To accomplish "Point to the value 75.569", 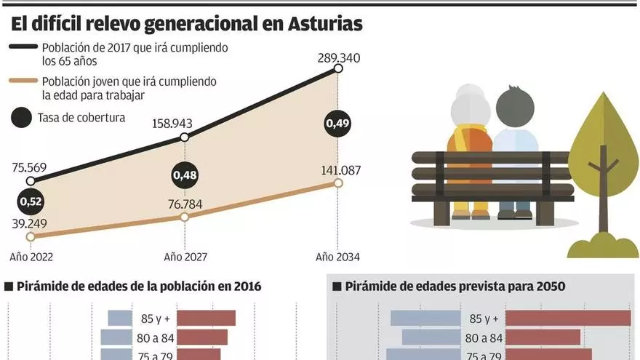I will pyautogui.click(x=29, y=167).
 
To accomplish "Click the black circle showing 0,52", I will pyautogui.click(x=31, y=201).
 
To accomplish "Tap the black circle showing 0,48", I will pyautogui.click(x=185, y=175).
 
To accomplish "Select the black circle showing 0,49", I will pyautogui.click(x=338, y=124).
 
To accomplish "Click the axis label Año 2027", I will pyautogui.click(x=185, y=257).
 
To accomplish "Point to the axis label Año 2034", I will pyautogui.click(x=338, y=257).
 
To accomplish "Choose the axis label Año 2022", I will pyautogui.click(x=31, y=257).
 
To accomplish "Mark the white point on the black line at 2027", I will pyautogui.click(x=185, y=137).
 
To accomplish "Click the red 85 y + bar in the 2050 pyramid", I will pyautogui.click(x=567, y=319).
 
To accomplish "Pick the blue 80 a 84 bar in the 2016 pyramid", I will pyautogui.click(x=114, y=337).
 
